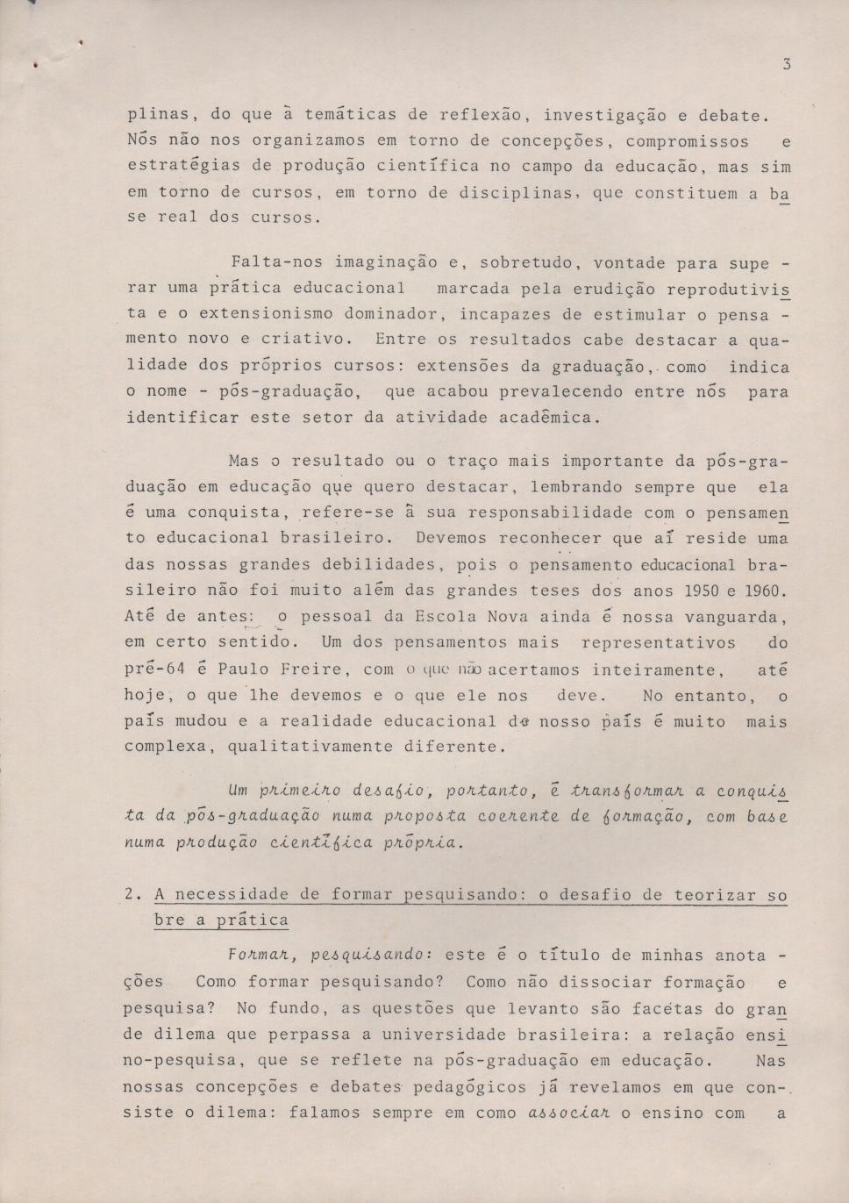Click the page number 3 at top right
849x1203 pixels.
(x=787, y=63)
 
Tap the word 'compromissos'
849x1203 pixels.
(x=687, y=141)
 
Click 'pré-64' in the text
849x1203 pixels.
(x=154, y=670)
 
